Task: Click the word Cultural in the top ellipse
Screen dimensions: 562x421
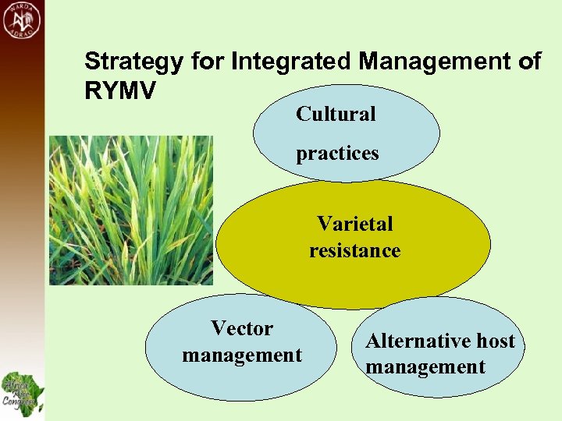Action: (x=336, y=114)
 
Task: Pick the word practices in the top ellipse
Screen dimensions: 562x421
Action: (x=337, y=153)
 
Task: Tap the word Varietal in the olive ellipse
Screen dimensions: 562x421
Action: (x=354, y=224)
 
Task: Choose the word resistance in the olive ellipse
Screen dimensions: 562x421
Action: (x=354, y=250)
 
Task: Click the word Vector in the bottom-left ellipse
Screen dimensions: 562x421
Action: (x=242, y=329)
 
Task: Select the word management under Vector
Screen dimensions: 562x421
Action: (x=242, y=356)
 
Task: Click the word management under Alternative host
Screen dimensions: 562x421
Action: (x=425, y=366)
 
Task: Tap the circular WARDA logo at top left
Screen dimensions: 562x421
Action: (x=23, y=22)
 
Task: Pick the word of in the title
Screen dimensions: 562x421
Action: (x=528, y=62)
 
